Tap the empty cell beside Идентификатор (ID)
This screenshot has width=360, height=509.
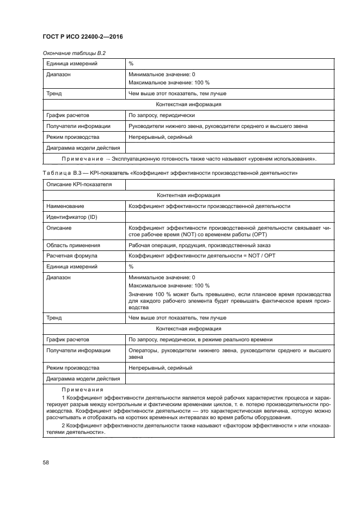(229, 217)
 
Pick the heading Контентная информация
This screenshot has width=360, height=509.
(188, 195)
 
